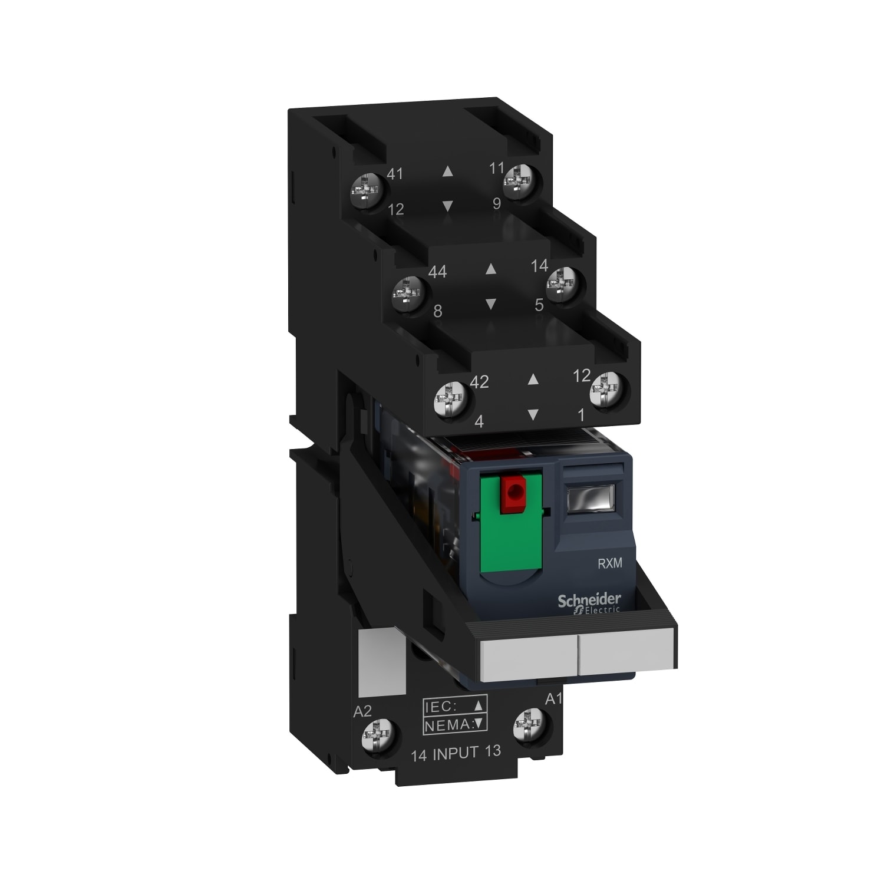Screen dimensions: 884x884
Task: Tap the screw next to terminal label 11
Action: coord(519,182)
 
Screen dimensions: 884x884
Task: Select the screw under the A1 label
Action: coord(530,725)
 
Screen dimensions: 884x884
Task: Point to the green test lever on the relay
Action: coord(511,530)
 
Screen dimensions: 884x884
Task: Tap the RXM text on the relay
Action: coord(609,563)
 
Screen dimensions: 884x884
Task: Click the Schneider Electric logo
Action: coord(589,603)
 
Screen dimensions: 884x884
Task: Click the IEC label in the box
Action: coord(441,707)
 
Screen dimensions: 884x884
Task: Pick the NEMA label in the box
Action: coord(448,725)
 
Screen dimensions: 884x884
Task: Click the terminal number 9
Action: coord(497,203)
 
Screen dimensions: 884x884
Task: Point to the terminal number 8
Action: coord(437,311)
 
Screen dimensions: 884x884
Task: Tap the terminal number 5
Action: coord(539,305)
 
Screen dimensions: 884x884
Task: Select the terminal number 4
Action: coord(479,421)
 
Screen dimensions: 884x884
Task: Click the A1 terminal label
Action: coord(553,699)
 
